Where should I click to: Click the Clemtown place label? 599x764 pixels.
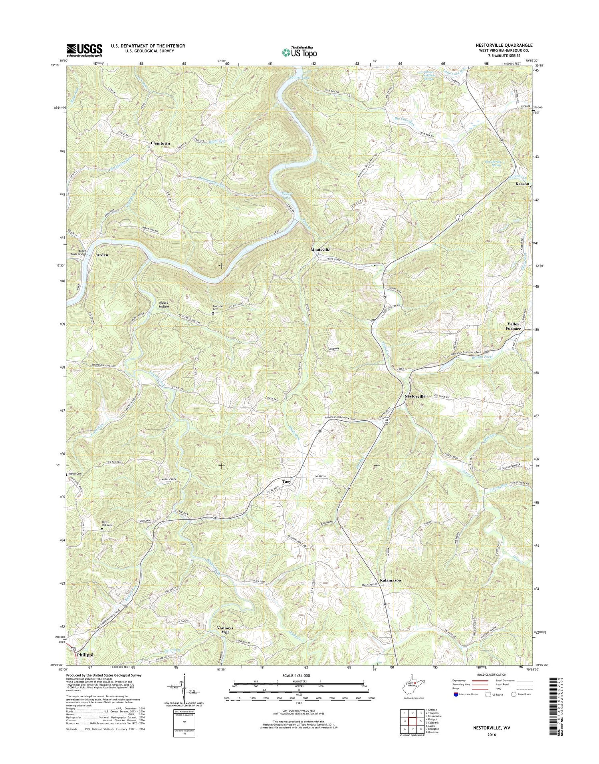tap(160, 143)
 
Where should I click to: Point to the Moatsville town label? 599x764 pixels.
tap(321, 249)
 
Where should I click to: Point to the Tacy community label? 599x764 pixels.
tap(287, 481)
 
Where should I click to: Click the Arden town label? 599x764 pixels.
tap(102, 255)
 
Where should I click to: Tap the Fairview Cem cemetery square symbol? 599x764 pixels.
tap(213, 314)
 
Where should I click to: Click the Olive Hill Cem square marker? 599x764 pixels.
tap(102, 529)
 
